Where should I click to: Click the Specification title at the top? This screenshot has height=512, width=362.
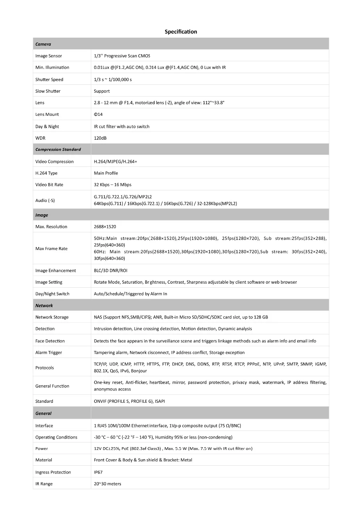tap(181, 31)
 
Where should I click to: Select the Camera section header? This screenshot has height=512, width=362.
tap(43, 44)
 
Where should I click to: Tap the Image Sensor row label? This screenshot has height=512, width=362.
tap(49, 56)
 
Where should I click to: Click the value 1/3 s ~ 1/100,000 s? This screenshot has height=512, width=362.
tap(113, 80)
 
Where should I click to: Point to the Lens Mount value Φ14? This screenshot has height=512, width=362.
tap(98, 114)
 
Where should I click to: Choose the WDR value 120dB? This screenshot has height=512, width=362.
tap(100, 138)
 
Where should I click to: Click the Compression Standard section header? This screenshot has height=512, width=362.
tap(58, 149)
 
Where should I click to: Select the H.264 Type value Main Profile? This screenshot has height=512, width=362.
tap(106, 173)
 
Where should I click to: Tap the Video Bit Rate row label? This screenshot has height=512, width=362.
tap(49, 185)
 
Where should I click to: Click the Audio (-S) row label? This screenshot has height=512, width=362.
tap(45, 200)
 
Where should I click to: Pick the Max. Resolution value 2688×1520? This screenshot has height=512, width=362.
tap(105, 227)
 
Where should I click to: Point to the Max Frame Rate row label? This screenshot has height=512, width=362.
tap(51, 249)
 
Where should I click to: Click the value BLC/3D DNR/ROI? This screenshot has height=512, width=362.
tap(110, 270)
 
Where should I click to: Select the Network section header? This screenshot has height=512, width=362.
tap(44, 305)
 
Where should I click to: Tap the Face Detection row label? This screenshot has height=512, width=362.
tap(50, 341)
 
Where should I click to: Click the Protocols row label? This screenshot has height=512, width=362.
tap(45, 368)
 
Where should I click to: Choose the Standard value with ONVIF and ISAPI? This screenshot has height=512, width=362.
tap(129, 401)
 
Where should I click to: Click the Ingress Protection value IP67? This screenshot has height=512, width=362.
tap(98, 472)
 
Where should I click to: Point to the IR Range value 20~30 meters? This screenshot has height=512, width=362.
tap(108, 484)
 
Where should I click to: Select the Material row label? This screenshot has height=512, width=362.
tap(44, 460)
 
